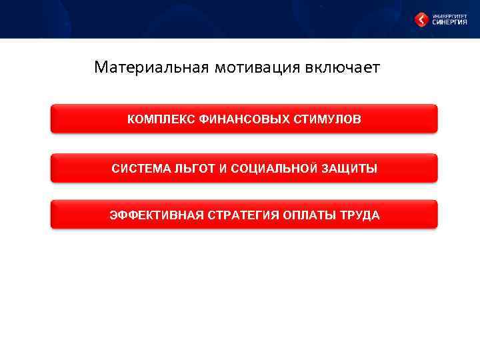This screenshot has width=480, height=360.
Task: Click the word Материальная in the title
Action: pyautogui.click(x=151, y=68)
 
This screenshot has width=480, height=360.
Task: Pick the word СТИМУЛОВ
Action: pyautogui.click(x=327, y=119)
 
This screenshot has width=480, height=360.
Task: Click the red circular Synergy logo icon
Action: pyautogui.click(x=421, y=20)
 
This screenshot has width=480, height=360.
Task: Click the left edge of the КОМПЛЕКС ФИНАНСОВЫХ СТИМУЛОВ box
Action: pyautogui.click(x=53, y=119)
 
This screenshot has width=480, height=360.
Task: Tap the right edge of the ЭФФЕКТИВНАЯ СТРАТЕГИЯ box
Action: pyautogui.click(x=436, y=215)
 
